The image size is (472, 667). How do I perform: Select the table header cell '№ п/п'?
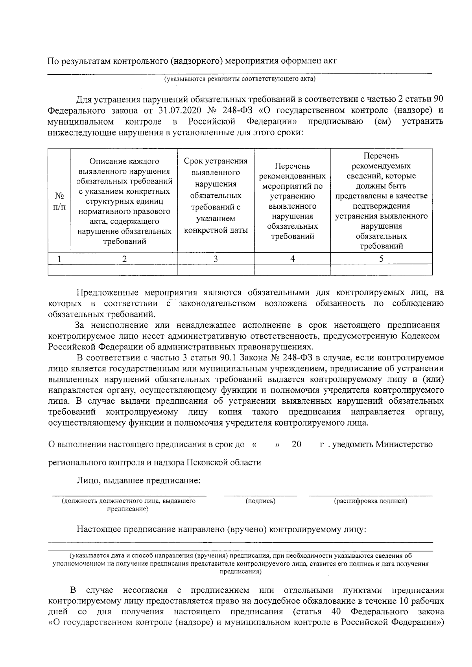coord(59,200)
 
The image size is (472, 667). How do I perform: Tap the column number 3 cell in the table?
coord(216,259)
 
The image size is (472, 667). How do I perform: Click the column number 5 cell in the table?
coord(381,259)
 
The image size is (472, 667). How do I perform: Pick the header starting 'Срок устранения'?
coord(216,195)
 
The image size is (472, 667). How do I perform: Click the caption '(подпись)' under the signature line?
coord(260,501)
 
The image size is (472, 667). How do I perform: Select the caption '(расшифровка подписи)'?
coord(371,501)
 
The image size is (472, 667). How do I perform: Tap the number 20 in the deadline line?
coord(297,445)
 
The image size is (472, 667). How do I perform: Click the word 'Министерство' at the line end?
coord(404,445)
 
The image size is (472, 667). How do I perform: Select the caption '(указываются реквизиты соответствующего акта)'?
coord(240,79)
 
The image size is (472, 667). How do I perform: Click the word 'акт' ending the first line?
coord(330,61)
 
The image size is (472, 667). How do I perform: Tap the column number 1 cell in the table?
coord(59,259)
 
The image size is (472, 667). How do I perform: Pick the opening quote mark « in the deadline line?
coord(254,445)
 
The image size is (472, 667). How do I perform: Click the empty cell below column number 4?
coord(292,270)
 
